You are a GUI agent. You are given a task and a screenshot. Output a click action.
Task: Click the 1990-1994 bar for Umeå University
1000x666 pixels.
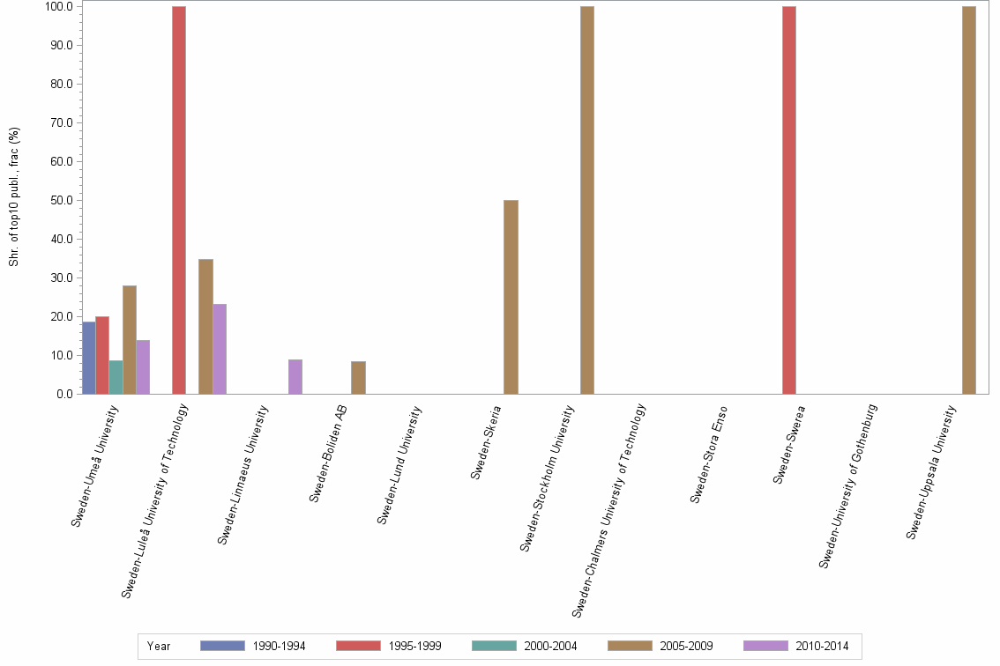pos(88,358)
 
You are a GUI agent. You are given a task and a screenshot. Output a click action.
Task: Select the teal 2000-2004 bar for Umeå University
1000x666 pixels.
pos(116,377)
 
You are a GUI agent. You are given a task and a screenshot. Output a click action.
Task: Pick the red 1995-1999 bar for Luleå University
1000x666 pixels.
pos(179,200)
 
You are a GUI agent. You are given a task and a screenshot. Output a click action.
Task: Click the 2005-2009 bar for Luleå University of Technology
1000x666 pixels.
pos(205,327)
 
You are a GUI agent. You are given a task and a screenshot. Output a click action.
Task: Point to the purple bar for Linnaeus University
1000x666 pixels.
pos(295,377)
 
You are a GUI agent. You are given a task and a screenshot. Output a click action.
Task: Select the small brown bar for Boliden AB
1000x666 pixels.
pos(358,378)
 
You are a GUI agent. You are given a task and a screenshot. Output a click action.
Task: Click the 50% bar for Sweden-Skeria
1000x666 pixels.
pos(511,297)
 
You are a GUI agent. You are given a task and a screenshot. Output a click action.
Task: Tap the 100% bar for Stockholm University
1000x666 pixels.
pos(587,200)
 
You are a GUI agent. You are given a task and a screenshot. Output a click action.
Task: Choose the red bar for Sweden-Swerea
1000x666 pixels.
pos(788,200)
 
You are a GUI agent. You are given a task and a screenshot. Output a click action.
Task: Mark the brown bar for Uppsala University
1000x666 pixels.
pos(969,200)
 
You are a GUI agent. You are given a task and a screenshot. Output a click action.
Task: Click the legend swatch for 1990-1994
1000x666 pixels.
pos(222,646)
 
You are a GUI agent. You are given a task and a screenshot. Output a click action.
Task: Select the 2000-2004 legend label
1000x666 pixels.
pos(550,646)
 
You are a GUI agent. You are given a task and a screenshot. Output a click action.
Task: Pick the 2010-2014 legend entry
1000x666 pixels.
pos(822,646)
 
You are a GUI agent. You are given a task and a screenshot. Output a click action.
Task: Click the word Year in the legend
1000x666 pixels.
pos(159,646)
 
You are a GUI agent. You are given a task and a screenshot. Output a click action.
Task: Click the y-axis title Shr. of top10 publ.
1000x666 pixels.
pos(14,196)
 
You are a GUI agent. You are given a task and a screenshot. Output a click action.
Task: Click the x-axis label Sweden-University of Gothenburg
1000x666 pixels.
pos(848,485)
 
